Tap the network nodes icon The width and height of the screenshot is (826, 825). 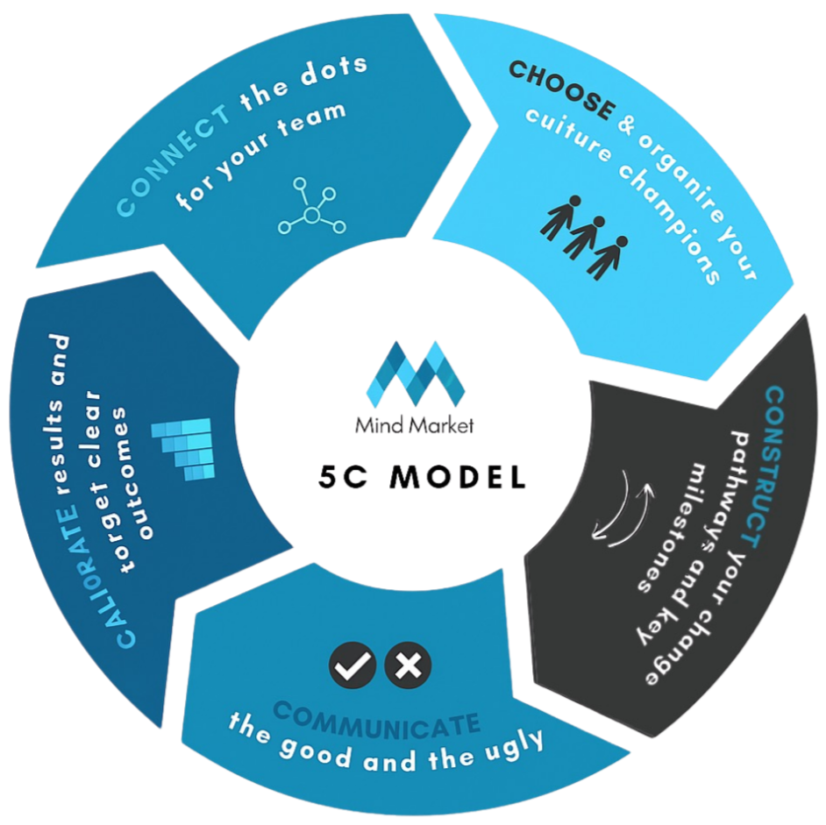[x=312, y=207]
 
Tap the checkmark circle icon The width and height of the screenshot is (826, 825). [x=352, y=666]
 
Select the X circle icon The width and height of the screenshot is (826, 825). [x=407, y=666]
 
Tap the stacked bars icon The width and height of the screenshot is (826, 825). [x=185, y=447]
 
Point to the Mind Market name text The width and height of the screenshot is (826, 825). [x=414, y=426]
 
